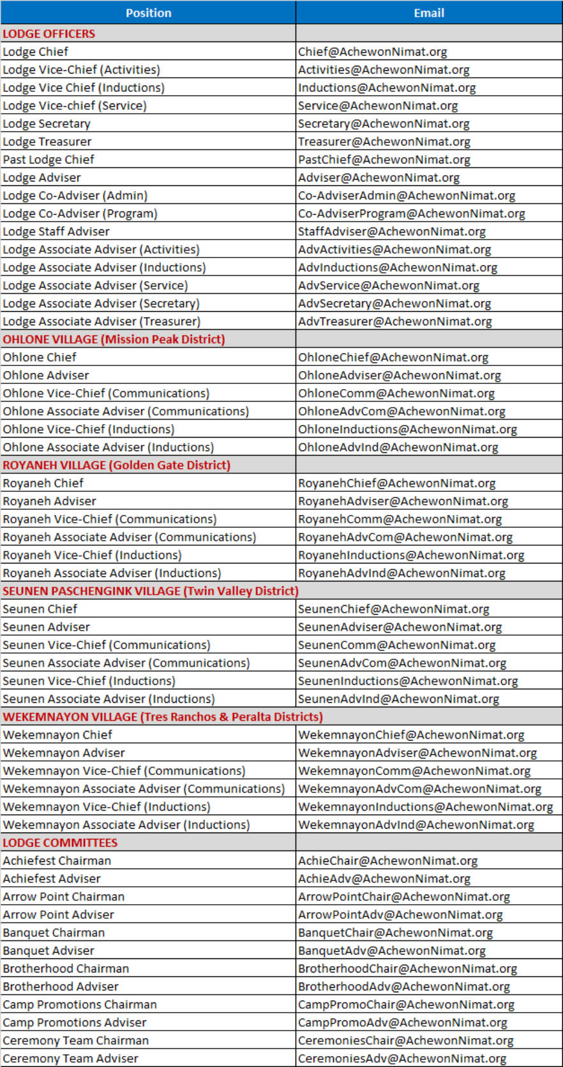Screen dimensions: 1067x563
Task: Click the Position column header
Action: [x=148, y=13]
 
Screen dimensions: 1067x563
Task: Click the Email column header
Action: [x=429, y=13]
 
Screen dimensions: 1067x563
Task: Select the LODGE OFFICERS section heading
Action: [x=49, y=34]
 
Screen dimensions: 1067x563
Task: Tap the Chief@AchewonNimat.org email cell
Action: [x=372, y=52]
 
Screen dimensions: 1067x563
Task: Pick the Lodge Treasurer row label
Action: [x=47, y=142]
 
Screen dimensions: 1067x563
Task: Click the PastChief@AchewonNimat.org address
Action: [x=384, y=160]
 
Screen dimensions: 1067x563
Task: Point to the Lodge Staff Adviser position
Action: [x=56, y=231]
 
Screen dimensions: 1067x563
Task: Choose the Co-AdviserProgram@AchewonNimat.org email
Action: [x=411, y=213]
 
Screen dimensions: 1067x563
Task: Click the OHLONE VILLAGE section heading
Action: [x=114, y=339]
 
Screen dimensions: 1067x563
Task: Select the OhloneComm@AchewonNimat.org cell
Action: [x=396, y=394]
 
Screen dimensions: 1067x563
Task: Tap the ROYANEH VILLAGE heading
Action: [x=116, y=465]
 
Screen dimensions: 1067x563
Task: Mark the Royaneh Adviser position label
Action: [x=50, y=502]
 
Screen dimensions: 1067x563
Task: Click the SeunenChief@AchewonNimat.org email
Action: [x=393, y=610]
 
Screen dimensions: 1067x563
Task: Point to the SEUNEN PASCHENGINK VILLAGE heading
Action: [x=150, y=591]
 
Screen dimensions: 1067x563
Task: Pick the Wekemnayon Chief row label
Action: [x=57, y=735]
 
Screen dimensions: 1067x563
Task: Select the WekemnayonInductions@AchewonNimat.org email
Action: [x=425, y=807]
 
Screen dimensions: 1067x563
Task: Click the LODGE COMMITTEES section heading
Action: [x=60, y=843]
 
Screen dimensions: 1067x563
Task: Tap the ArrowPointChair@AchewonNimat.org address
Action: [x=404, y=897]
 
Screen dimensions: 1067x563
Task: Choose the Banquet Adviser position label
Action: [x=49, y=951]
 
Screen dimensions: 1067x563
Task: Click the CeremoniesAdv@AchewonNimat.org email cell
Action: [x=402, y=1059]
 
